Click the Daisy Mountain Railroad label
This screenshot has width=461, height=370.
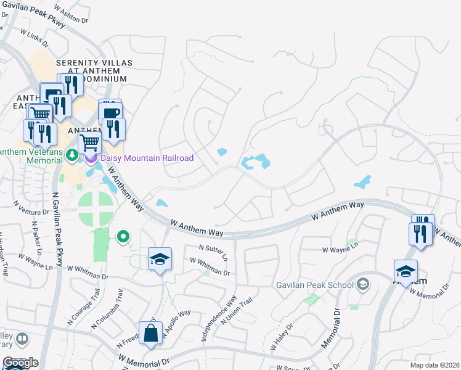click(x=147, y=158)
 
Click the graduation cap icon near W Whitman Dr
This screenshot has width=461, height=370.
click(x=160, y=260)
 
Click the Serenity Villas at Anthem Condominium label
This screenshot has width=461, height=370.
click(x=91, y=71)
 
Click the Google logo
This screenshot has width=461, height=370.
click(x=20, y=363)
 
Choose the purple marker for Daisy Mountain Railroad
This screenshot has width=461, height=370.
click(x=92, y=158)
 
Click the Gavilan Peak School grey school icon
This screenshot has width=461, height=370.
click(x=364, y=284)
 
